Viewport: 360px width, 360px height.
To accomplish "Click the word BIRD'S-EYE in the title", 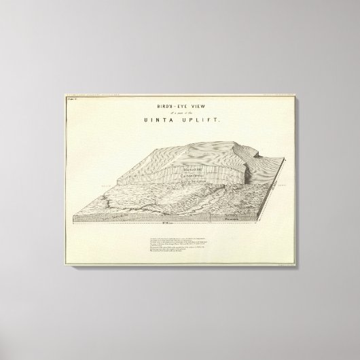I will pos(166,107).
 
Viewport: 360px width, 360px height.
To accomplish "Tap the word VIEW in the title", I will pos(194,107).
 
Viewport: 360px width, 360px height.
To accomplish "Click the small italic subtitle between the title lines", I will pos(179,113).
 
